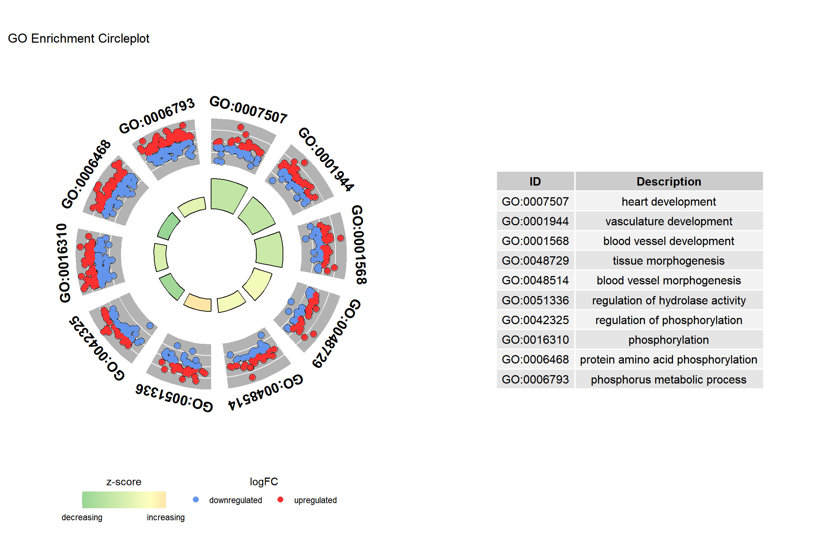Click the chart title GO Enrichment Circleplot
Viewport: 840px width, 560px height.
point(78,38)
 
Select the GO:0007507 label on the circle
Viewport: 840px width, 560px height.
point(249,110)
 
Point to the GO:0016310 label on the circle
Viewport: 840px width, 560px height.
point(63,263)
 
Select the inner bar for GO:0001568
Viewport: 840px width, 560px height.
point(269,250)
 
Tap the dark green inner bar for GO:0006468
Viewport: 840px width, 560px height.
point(168,226)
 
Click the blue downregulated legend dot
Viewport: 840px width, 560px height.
point(196,499)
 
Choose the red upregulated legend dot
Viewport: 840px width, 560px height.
point(280,499)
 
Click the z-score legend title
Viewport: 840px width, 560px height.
point(124,482)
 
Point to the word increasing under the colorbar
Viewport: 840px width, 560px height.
point(166,517)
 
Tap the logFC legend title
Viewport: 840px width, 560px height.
point(264,482)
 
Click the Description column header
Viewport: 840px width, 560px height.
point(669,182)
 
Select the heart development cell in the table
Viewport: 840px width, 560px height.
point(669,201)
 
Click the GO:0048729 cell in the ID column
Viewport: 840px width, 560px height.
point(535,261)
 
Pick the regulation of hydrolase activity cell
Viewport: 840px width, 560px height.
point(669,300)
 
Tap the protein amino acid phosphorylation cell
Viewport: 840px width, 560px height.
point(669,359)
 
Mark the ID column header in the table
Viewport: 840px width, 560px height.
point(535,182)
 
